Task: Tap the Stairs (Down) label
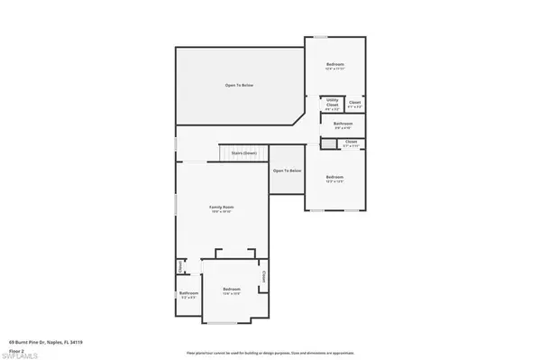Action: (243, 153)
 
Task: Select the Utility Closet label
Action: (332, 102)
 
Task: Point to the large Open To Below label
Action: (239, 85)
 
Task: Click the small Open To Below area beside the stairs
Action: (287, 171)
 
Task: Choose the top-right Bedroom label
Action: (335, 65)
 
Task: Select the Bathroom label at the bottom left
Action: (188, 293)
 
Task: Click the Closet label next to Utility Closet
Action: (355, 103)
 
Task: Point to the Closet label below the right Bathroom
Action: (351, 142)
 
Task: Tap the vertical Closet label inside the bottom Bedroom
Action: (263, 276)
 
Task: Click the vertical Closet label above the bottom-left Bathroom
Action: (180, 267)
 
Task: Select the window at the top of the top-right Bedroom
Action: (320, 38)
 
